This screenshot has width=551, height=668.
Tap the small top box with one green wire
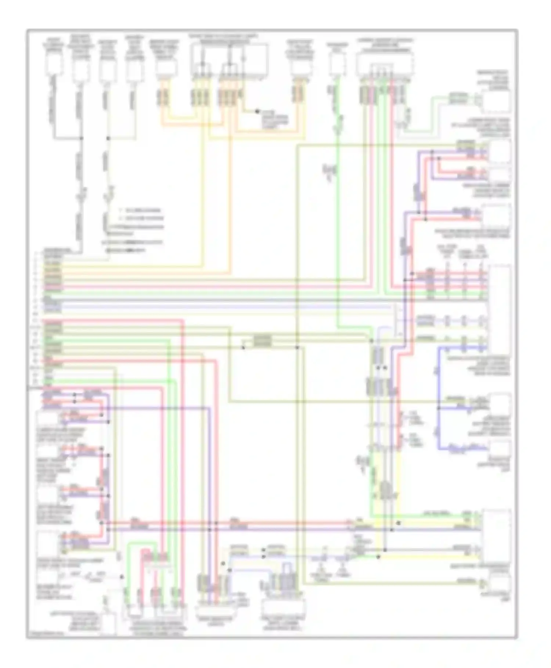coord(338,65)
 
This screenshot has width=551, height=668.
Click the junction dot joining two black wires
coord(81,138)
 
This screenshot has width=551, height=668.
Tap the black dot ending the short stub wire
coord(257,111)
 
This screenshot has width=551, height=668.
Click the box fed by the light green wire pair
coord(496,101)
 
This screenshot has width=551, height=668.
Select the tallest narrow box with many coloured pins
coord(498,309)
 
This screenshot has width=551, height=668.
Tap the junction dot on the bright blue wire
coord(439,408)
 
